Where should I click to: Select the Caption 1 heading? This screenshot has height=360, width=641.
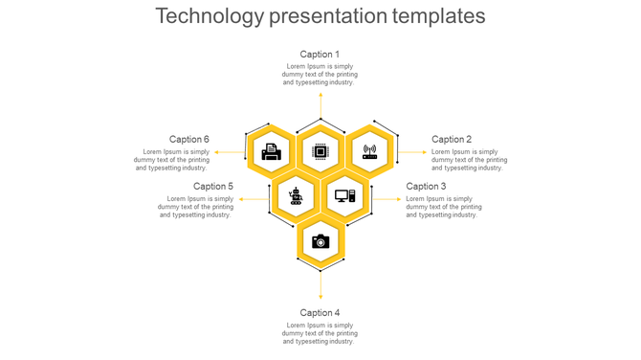pos(320,55)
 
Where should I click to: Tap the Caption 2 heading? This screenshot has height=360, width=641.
pos(452,140)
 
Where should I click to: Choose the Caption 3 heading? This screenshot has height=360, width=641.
pos(426,187)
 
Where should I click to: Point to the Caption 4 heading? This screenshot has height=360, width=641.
pos(320,313)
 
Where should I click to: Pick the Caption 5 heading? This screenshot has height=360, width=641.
pos(213,187)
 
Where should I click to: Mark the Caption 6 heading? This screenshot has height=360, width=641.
pos(189,140)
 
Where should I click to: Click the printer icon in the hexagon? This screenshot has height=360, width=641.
pos(272,151)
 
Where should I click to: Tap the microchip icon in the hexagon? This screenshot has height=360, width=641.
pos(320,151)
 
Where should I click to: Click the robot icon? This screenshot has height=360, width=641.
pos(296,196)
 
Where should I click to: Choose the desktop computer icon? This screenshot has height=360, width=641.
pos(345,196)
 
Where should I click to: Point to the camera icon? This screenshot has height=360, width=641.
pos(320,241)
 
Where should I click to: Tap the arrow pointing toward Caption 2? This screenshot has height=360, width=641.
pos(413,151)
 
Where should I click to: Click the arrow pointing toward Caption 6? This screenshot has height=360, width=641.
pos(229,151)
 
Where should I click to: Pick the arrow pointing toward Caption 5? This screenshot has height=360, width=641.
pos(254,199)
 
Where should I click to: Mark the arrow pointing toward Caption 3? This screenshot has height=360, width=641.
pos(387,199)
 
